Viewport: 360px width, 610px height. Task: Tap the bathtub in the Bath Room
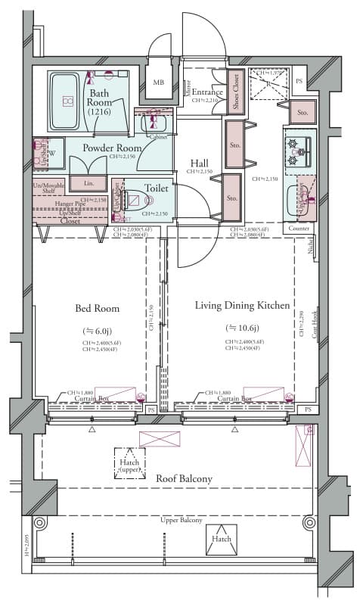(x=66, y=101)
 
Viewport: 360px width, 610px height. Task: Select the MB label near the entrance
(x=159, y=82)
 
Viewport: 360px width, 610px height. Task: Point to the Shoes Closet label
(x=235, y=92)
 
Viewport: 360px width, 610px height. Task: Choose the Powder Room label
(x=113, y=148)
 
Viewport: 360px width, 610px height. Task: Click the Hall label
(x=200, y=163)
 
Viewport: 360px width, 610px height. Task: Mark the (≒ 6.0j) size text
(x=97, y=331)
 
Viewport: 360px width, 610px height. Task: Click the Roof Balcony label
(x=184, y=478)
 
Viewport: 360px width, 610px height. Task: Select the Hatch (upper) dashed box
(x=129, y=462)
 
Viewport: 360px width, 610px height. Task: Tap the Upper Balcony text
(x=180, y=521)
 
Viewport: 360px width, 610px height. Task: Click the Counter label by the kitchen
(x=299, y=228)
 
